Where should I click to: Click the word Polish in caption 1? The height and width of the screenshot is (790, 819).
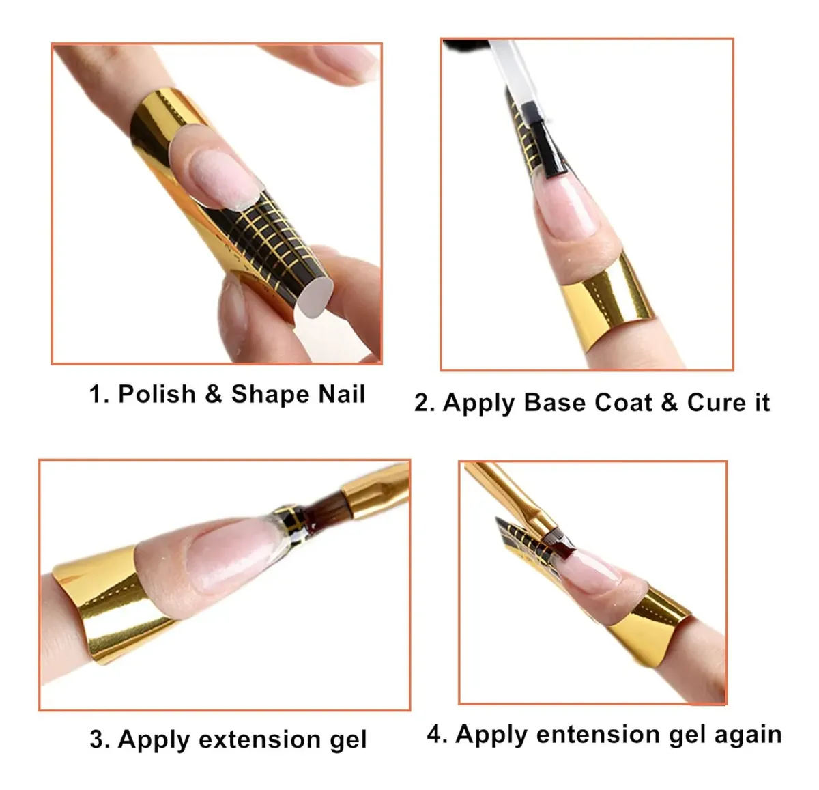pos(156,394)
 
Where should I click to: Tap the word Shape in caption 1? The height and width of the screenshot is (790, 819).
pos(270,394)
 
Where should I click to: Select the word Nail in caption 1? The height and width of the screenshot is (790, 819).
pos(342,394)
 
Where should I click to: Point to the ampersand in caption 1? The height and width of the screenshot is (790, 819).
pos(214,394)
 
